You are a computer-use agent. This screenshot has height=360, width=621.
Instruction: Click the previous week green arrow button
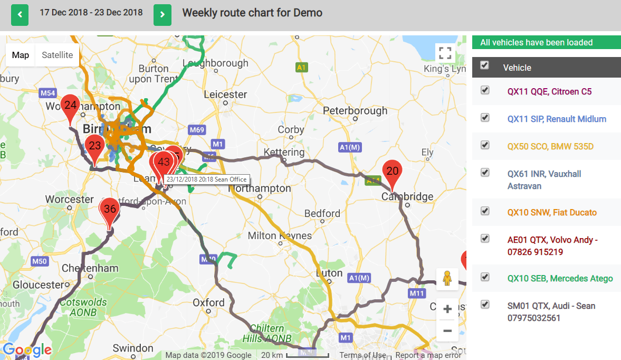(x=20, y=15)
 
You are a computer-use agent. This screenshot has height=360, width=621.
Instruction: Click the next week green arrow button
(x=163, y=15)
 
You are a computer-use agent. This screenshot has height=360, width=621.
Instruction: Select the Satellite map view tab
(x=58, y=55)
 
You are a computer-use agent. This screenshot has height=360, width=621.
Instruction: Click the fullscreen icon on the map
(x=445, y=53)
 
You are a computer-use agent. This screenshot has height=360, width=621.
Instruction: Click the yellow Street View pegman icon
(x=447, y=279)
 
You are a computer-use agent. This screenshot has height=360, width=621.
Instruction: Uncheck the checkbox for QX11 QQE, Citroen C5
(x=485, y=90)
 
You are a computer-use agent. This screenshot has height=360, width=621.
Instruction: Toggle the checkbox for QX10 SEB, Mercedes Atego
(x=485, y=277)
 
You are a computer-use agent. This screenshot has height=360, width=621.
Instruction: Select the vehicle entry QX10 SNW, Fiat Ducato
(x=552, y=212)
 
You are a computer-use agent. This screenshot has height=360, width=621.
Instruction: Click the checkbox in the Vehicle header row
(x=485, y=65)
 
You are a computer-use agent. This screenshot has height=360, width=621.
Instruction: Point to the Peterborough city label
(x=355, y=111)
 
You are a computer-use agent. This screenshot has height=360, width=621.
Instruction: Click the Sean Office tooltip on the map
(x=206, y=179)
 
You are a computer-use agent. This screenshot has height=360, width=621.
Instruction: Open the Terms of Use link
(x=362, y=355)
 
